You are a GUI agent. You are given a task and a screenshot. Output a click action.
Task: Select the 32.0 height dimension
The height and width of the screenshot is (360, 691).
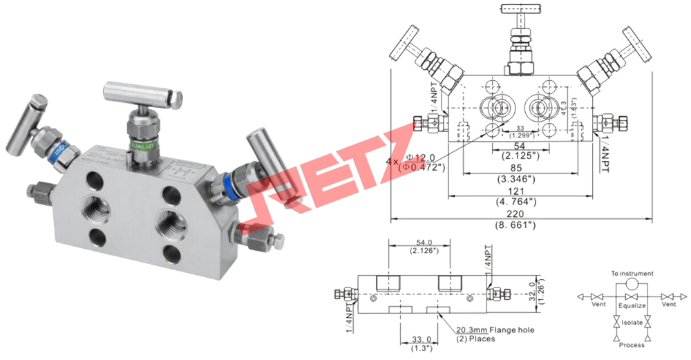[532, 284]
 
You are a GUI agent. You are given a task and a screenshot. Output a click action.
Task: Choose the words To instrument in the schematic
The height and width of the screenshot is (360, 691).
[632, 274]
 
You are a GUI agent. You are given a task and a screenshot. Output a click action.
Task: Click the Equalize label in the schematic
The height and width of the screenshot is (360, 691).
[632, 305]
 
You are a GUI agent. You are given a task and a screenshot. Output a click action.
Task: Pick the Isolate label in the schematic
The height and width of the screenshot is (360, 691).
[632, 322]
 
